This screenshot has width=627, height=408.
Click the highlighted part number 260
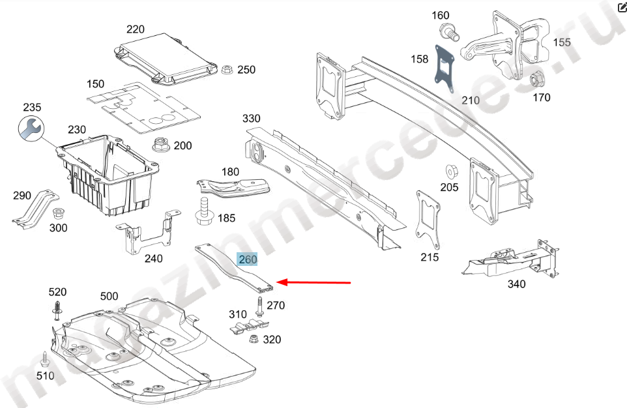tap(248, 259)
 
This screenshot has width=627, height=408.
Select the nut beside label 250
tap(227, 69)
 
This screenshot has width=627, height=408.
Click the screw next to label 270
tap(261, 306)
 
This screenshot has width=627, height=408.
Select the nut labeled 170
tap(536, 81)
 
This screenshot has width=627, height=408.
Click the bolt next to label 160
tap(447, 29)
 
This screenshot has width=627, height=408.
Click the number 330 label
tap(251, 119)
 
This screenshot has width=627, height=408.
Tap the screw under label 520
tap(56, 311)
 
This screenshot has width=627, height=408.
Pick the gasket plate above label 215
tap(428, 218)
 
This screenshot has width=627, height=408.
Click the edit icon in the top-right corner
tap(620, 8)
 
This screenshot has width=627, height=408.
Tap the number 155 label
tap(562, 42)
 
